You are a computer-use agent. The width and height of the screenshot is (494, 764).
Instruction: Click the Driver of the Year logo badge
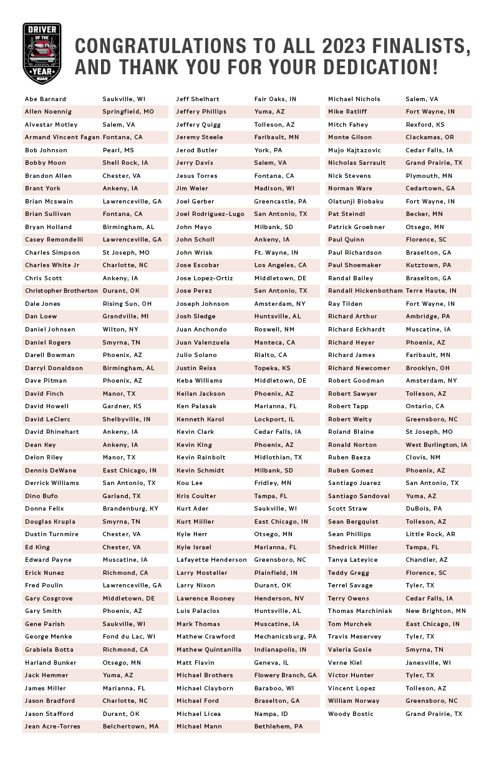point(42,54)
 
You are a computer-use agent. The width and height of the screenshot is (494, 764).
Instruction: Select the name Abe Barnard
point(46,99)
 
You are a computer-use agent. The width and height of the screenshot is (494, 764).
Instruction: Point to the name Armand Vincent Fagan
point(61,137)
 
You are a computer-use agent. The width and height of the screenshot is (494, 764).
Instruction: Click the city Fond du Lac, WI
point(129,637)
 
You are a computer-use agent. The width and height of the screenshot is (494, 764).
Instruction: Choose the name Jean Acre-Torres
point(52,727)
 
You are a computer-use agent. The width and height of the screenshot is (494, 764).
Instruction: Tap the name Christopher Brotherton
point(61,291)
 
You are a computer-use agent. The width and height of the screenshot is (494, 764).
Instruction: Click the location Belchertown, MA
point(131,727)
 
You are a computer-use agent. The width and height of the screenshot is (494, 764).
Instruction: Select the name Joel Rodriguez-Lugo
point(210,214)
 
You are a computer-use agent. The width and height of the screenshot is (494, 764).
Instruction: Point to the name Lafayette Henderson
point(211,560)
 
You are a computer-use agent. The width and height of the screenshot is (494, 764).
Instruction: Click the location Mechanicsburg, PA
point(286,637)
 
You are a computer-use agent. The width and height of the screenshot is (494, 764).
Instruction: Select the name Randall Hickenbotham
point(366,291)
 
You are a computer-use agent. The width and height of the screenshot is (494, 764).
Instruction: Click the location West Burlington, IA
point(437,445)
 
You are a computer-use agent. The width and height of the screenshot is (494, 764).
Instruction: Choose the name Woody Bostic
point(351,713)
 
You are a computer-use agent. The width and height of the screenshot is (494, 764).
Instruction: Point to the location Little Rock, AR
point(430,534)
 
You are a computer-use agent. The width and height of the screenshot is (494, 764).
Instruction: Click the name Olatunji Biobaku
point(356,202)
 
